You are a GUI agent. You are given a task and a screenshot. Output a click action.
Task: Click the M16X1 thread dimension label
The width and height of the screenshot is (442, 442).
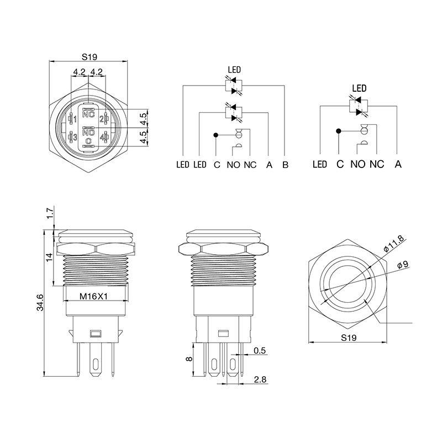(x=93, y=296)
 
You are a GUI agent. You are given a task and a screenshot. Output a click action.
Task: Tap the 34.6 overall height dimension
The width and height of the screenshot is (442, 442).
(x=40, y=302)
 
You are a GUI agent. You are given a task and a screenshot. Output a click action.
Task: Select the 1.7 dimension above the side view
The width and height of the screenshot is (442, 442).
(x=50, y=213)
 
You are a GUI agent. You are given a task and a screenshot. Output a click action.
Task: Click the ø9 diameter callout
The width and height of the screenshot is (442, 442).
(x=403, y=265)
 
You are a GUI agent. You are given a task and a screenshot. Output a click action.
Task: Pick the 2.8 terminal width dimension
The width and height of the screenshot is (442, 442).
(x=260, y=380)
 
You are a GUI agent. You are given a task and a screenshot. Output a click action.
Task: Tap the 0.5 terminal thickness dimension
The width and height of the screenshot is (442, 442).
(x=260, y=351)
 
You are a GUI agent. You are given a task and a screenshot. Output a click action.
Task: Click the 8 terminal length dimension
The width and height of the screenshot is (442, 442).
(x=190, y=359)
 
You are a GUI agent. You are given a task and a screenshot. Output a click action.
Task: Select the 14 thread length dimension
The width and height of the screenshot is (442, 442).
(x=49, y=257)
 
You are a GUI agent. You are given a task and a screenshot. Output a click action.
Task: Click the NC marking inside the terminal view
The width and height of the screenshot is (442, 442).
(x=88, y=114)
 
